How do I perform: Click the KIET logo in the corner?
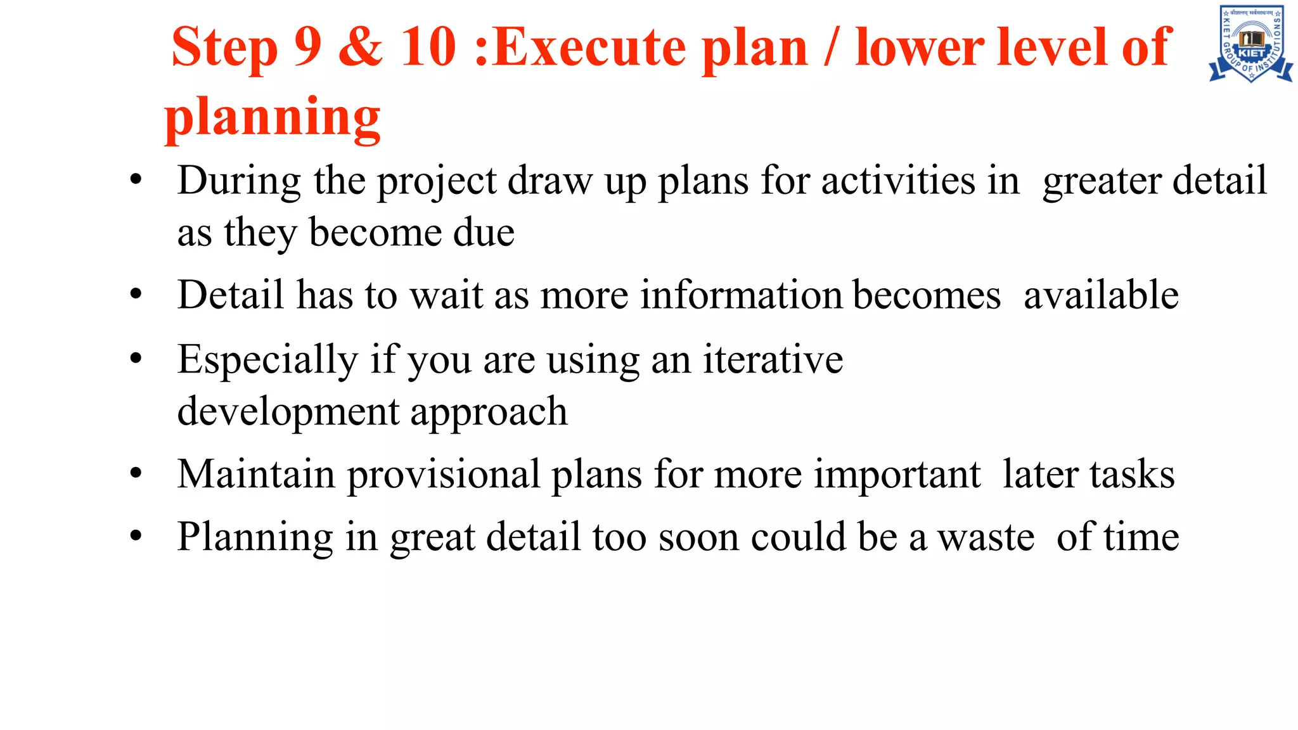click(x=1250, y=44)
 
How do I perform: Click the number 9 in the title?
click(x=308, y=47)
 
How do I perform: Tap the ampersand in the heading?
click(x=361, y=47)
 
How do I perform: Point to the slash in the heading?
click(x=832, y=47)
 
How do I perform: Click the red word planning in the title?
click(x=273, y=118)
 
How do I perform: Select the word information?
click(x=741, y=295)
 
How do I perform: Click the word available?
click(x=1101, y=295)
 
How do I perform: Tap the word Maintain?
click(x=256, y=474)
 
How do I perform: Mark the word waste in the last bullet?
click(x=986, y=537)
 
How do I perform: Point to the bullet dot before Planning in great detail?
click(x=136, y=536)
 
